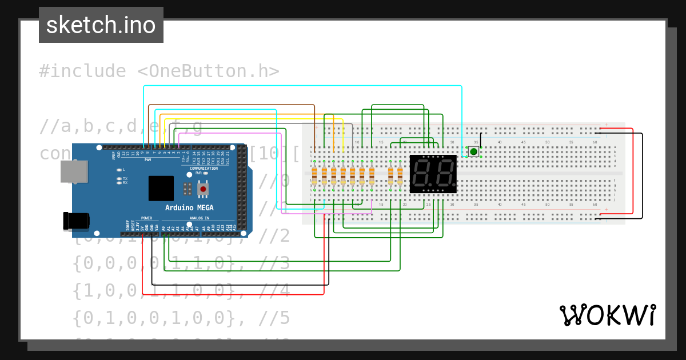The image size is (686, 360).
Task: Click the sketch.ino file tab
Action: point(101,25)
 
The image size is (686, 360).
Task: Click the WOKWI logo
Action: point(607,315)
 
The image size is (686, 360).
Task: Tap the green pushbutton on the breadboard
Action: point(473,151)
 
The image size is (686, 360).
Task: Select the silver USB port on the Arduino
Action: point(74,171)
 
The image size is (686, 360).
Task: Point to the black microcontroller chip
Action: point(161,188)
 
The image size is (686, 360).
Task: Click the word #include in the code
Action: point(82,71)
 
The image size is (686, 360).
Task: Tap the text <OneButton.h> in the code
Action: point(208,71)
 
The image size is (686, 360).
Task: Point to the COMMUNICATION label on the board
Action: point(204,169)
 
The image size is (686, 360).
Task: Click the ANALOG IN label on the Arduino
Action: point(199,218)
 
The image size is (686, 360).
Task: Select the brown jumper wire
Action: point(229,105)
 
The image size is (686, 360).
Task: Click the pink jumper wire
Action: point(229,133)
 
